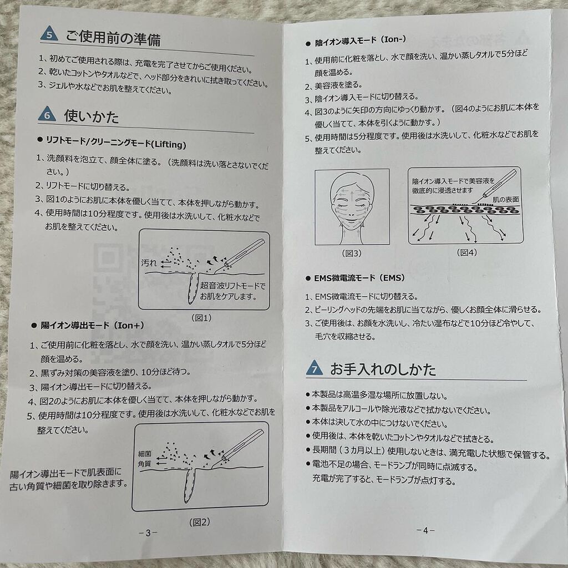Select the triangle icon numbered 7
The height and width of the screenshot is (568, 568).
(314, 368)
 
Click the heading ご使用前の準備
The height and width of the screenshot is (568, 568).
(113, 39)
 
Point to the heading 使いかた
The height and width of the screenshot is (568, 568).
(92, 116)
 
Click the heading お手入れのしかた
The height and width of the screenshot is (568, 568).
(383, 369)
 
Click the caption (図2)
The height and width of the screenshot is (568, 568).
(199, 521)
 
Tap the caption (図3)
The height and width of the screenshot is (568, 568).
(352, 253)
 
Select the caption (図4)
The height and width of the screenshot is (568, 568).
(466, 252)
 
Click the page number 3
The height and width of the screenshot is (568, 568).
(148, 533)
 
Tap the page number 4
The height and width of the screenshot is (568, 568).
(424, 530)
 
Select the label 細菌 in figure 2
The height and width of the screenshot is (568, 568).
(145, 453)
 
